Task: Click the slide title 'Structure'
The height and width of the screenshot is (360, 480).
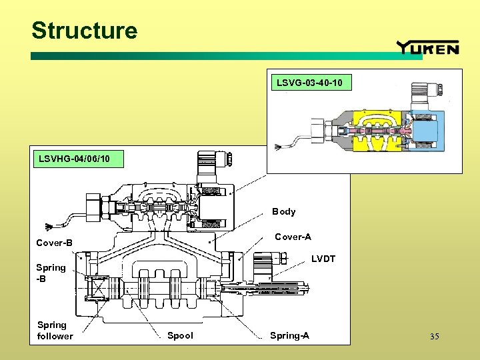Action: coord(84,31)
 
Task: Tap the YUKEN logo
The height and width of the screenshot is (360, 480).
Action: coord(427,47)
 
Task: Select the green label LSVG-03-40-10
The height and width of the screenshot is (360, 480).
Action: coord(309,83)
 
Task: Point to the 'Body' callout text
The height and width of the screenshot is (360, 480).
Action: coord(283,211)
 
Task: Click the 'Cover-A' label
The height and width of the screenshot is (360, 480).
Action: coord(293,237)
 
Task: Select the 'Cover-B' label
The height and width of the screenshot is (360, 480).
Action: coord(55,243)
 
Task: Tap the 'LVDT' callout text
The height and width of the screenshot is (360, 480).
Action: coord(323,259)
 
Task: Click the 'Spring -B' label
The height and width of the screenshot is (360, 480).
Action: coord(51,273)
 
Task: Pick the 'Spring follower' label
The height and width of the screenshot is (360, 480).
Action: coord(55,330)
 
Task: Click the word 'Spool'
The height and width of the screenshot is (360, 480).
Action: coord(180,335)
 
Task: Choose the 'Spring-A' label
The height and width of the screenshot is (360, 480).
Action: coord(289,335)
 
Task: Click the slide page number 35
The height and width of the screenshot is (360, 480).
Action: coord(434,336)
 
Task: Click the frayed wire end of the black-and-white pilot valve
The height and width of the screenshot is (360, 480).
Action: coord(47,225)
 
